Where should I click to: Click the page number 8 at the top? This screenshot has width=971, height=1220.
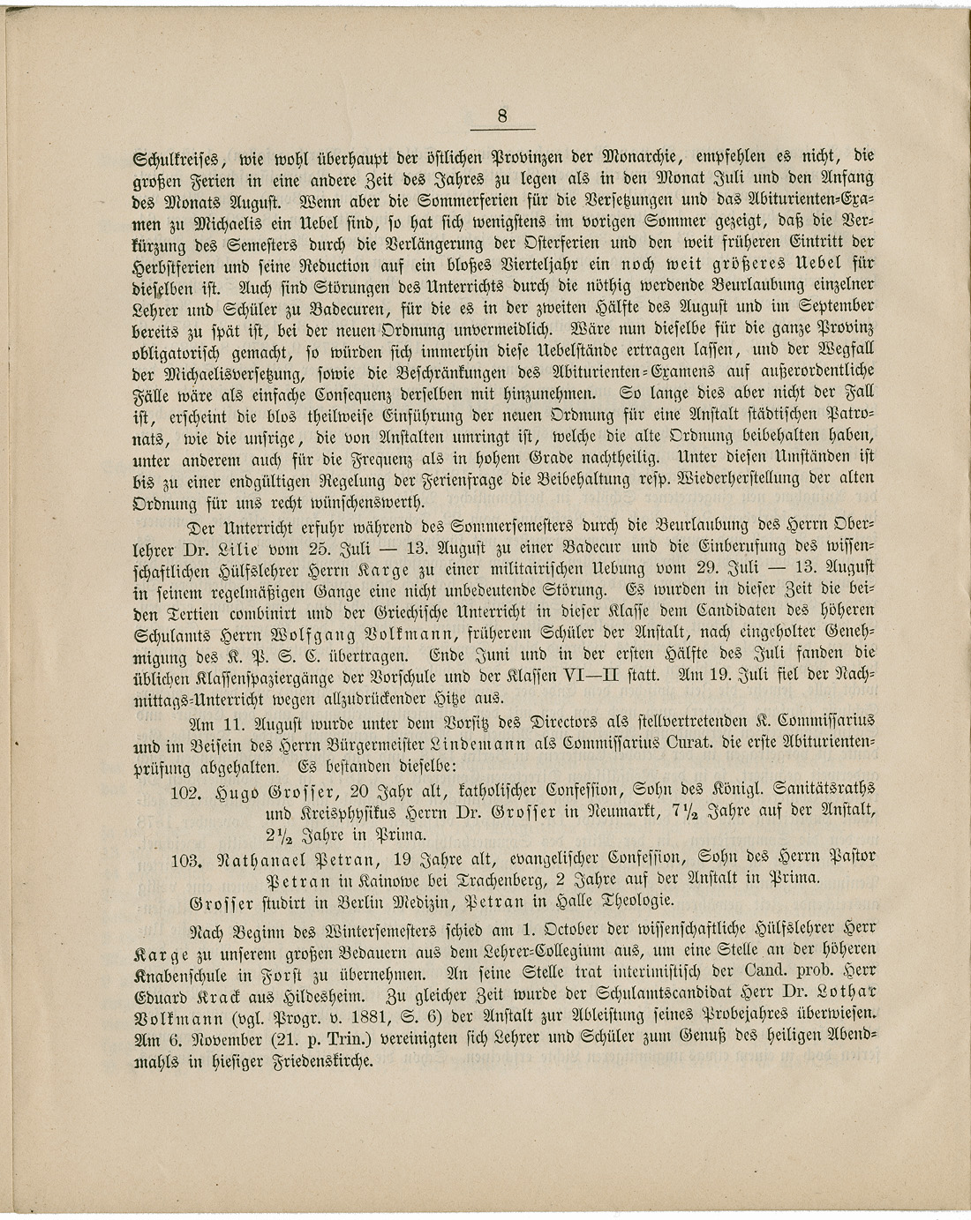click(501, 116)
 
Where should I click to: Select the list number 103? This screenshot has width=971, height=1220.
click(187, 857)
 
